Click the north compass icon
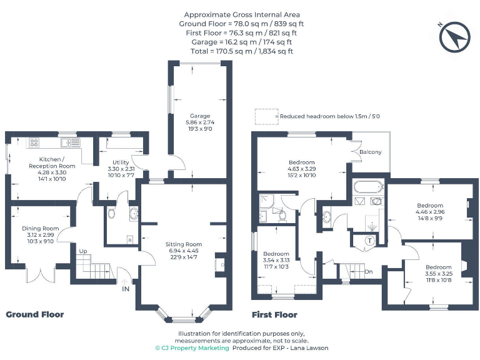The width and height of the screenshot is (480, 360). click(x=454, y=37)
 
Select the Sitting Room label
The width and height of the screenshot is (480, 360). click(x=184, y=244)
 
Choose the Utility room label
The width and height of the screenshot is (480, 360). click(x=121, y=162)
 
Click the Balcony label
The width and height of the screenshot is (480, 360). click(x=370, y=152)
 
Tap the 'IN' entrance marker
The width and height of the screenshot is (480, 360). click(x=126, y=289)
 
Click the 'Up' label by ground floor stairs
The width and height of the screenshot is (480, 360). click(x=82, y=251)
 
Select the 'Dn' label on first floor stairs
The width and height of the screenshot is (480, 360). click(x=368, y=272)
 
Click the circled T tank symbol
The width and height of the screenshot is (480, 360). click(x=369, y=241)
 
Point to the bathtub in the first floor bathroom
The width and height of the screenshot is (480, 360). click(x=367, y=186)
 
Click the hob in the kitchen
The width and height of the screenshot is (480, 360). click(x=33, y=142)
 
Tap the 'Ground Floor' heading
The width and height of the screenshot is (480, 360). click(x=35, y=314)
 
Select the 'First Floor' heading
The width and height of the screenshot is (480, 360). click(x=274, y=314)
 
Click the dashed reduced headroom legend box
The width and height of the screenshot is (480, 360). click(x=266, y=116)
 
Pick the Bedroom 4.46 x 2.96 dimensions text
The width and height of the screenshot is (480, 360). click(x=430, y=212)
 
